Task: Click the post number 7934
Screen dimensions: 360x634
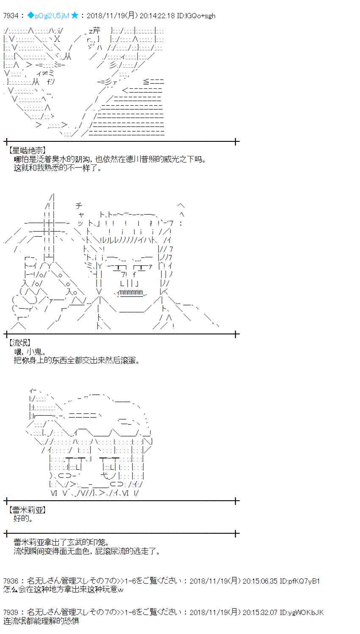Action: (11, 16)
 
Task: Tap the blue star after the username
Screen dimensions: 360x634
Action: (75, 16)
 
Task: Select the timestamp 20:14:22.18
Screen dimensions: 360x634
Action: (158, 16)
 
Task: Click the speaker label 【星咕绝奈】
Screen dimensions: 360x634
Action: (27, 151)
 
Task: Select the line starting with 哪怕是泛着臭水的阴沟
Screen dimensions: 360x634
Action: (110, 159)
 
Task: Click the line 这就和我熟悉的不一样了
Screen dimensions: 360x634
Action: (58, 168)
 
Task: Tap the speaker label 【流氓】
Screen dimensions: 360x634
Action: (19, 343)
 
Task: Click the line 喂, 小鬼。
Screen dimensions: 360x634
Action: (30, 352)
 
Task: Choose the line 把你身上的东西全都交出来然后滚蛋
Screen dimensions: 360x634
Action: (76, 360)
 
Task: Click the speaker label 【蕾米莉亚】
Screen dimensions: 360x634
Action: (27, 510)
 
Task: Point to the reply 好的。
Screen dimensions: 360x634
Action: (23, 518)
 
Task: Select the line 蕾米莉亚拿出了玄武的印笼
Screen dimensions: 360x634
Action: (61, 542)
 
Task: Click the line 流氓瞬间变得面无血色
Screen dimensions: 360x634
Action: (87, 551)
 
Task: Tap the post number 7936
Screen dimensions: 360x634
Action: (11, 581)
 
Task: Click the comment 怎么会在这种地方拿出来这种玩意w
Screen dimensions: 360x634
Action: (64, 589)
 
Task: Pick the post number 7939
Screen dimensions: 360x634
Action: (11, 612)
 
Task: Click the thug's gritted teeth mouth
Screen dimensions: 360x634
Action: (131, 292)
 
